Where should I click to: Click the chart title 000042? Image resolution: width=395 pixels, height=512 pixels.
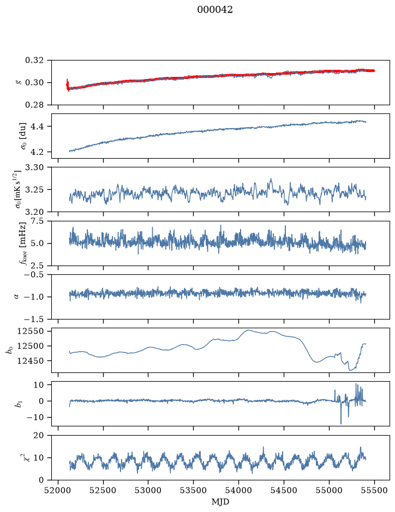click(214, 10)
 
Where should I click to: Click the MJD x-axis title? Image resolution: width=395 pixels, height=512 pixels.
click(220, 502)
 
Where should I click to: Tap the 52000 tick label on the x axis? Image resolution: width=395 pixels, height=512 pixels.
click(58, 490)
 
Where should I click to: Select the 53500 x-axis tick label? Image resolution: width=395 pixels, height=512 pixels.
click(194, 490)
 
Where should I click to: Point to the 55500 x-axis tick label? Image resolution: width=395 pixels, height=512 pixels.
click(374, 490)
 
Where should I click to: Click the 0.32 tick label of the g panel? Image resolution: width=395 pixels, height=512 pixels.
click(34, 61)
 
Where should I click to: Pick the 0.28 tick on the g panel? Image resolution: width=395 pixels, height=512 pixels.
click(34, 105)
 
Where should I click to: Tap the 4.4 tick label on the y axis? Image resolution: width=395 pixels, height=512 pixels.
click(37, 127)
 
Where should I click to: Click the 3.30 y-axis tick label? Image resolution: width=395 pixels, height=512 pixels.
click(34, 167)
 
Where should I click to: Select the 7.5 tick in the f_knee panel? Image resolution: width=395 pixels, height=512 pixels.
click(37, 221)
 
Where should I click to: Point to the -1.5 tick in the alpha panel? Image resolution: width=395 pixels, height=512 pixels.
click(32, 318)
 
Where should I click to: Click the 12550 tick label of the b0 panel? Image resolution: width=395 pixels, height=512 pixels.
click(31, 331)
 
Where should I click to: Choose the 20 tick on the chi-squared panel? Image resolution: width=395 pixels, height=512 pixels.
click(39, 435)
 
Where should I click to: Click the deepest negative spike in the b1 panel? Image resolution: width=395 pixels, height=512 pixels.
click(341, 424)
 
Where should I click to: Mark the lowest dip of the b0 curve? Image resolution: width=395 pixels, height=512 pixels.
click(350, 370)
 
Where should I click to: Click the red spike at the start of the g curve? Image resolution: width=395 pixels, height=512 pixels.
click(67, 85)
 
